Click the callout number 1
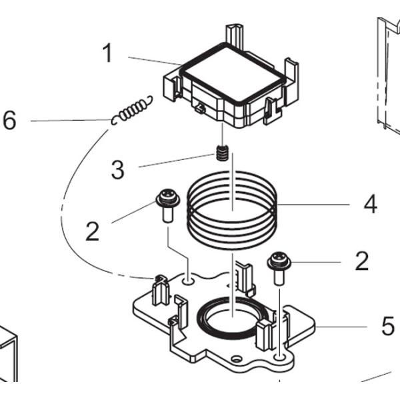tap(107, 53)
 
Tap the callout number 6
tap(9, 120)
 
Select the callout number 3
tap(117, 169)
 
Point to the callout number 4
tap(371, 204)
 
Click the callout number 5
tap(388, 326)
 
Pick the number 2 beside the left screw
tap(92, 231)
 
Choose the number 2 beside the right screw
tap(362, 261)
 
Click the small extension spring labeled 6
tap(132, 110)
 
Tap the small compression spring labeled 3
tap(222, 153)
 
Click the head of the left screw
tap(167, 197)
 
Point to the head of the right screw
tap(279, 261)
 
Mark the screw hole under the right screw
tap(279, 357)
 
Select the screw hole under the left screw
tap(188, 281)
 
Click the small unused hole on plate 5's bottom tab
tap(237, 359)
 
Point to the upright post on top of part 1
tap(235, 36)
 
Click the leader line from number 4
tap(313, 205)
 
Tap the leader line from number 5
tap(341, 327)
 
